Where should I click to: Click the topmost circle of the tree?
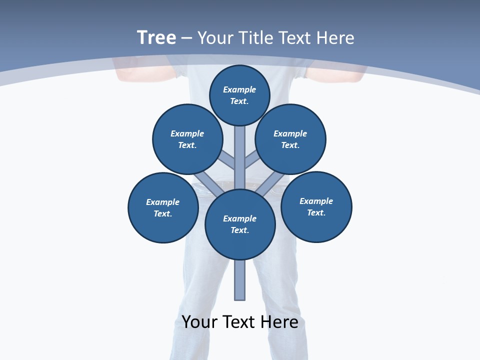[x=239, y=95]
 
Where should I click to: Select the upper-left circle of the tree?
[x=187, y=139]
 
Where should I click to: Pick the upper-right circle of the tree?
[x=290, y=139]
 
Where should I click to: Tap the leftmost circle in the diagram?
[x=163, y=207]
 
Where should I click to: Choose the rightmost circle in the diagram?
[x=316, y=206]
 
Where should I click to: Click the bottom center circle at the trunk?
[x=240, y=224]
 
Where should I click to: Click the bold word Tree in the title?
[x=156, y=38]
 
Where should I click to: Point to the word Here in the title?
[x=335, y=38]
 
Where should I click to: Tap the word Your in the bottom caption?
[x=199, y=322]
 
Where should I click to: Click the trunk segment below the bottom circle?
[x=240, y=280]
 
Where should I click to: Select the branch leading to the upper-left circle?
[x=227, y=161]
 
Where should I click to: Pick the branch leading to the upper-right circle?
[x=251, y=161]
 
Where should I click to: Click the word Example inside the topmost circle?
[x=239, y=90]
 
